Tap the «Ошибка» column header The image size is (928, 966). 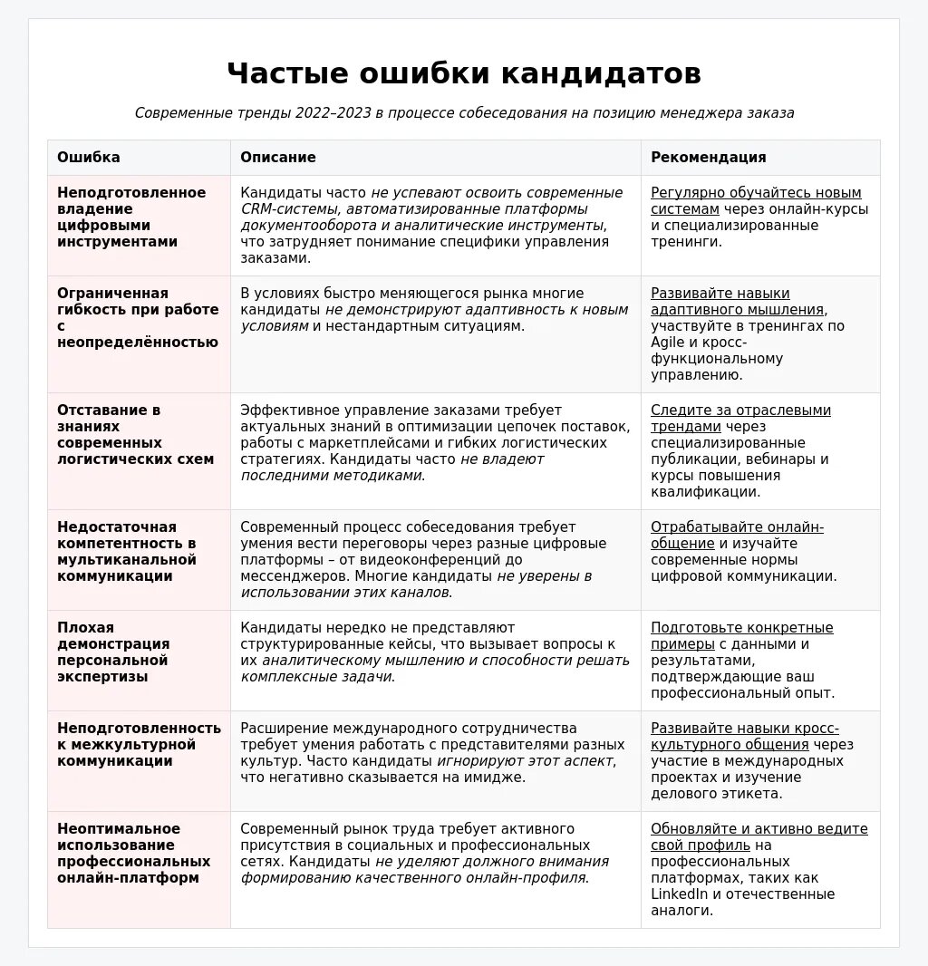pyautogui.click(x=89, y=158)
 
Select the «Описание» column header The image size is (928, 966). pyautogui.click(x=278, y=158)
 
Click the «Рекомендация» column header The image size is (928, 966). pyautogui.click(x=709, y=158)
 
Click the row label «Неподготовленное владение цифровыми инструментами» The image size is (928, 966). pyautogui.click(x=131, y=217)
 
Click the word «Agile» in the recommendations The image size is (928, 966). pyautogui.click(x=668, y=343)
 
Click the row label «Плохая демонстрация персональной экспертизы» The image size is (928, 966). pyautogui.click(x=113, y=652)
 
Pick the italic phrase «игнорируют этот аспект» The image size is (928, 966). pyautogui.click(x=525, y=761)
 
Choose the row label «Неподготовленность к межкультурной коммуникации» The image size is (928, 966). pyautogui.click(x=139, y=745)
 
